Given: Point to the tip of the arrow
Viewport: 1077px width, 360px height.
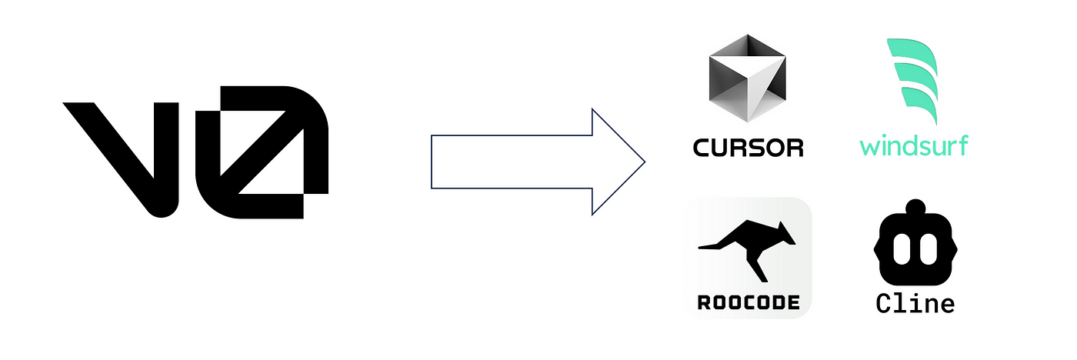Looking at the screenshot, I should [x=642, y=162].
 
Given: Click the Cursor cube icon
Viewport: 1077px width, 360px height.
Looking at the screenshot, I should [x=747, y=80].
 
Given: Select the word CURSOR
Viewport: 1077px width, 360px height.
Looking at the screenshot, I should [x=748, y=146].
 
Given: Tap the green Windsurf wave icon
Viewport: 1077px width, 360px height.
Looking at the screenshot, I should [x=912, y=81].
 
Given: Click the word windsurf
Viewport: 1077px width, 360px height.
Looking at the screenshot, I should [x=913, y=145].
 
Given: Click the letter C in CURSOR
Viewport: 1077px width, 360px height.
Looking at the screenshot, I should [x=702, y=146].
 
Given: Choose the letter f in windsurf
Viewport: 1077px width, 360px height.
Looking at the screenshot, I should [x=962, y=143].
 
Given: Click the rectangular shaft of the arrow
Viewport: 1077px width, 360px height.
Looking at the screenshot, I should [x=508, y=162].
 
